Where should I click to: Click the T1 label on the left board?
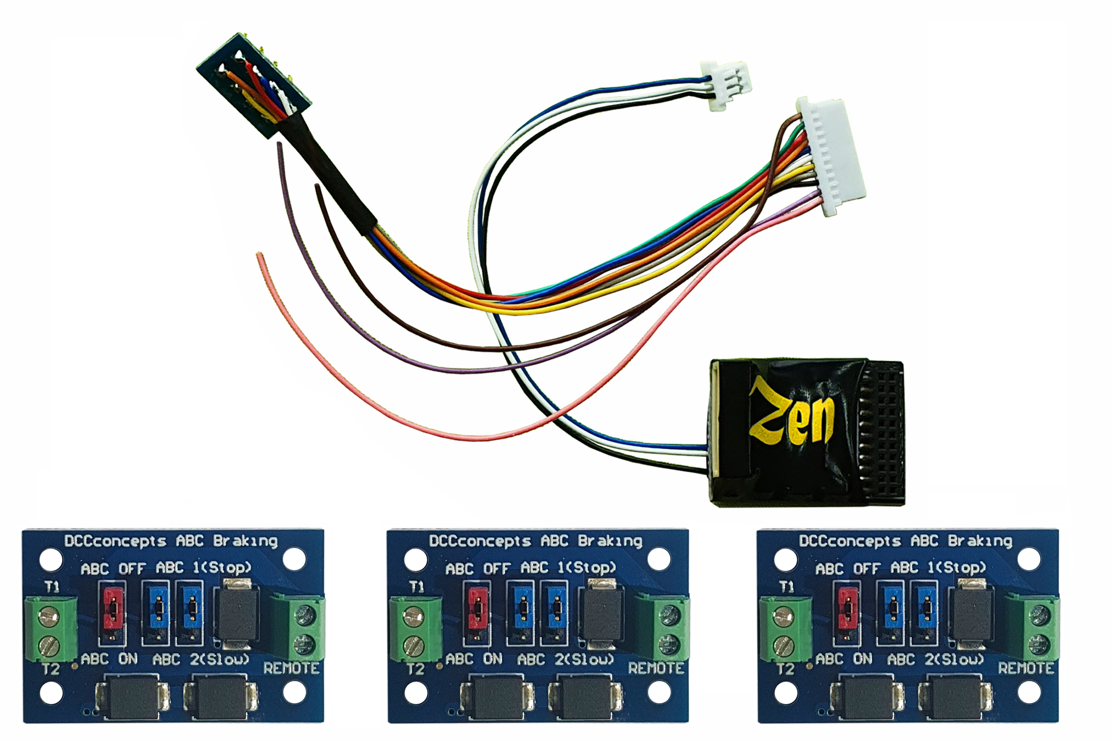pos(51,587)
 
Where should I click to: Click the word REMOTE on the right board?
pos(1025,668)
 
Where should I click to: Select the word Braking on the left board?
pos(245,541)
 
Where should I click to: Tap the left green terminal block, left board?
pos(51,629)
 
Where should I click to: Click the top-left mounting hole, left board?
pos(51,560)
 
